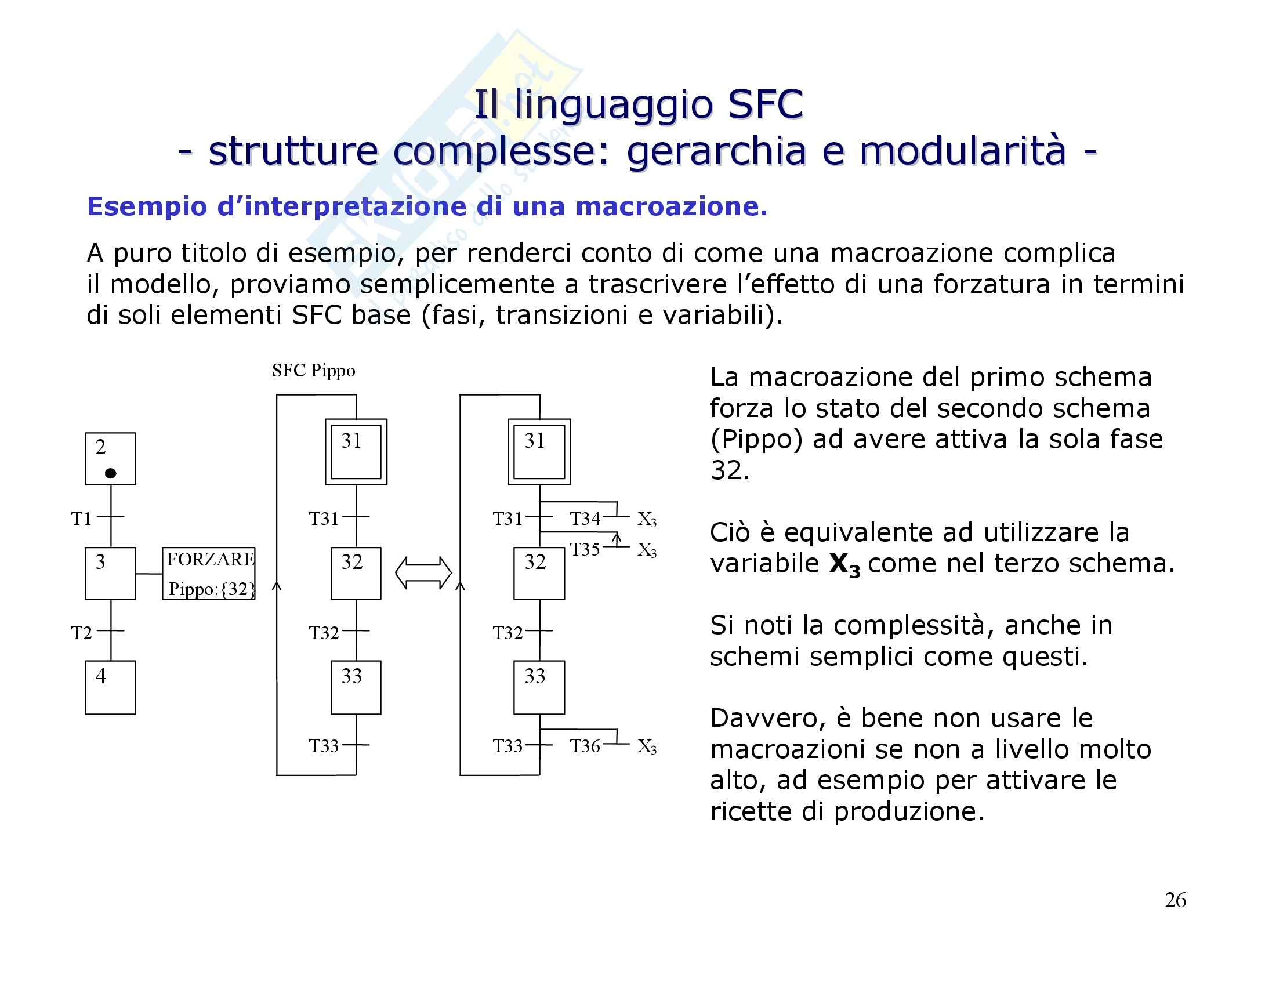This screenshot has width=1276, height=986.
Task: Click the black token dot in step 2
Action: point(110,473)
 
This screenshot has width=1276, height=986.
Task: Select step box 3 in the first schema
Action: point(110,573)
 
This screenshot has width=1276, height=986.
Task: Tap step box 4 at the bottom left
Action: point(110,687)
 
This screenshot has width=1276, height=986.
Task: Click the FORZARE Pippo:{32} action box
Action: point(209,574)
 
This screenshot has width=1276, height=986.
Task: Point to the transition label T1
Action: point(81,519)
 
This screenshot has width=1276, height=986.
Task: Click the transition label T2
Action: point(81,633)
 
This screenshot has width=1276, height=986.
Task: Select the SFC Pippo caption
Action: point(313,371)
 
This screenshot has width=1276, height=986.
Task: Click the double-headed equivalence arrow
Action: point(423,572)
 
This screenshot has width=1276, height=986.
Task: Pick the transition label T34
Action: point(585,519)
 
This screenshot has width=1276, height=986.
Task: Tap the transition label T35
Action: point(585,550)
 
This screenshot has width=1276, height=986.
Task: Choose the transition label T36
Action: point(585,746)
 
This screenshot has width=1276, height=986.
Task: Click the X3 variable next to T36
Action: point(647,747)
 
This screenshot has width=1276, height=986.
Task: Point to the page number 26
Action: point(1175,900)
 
